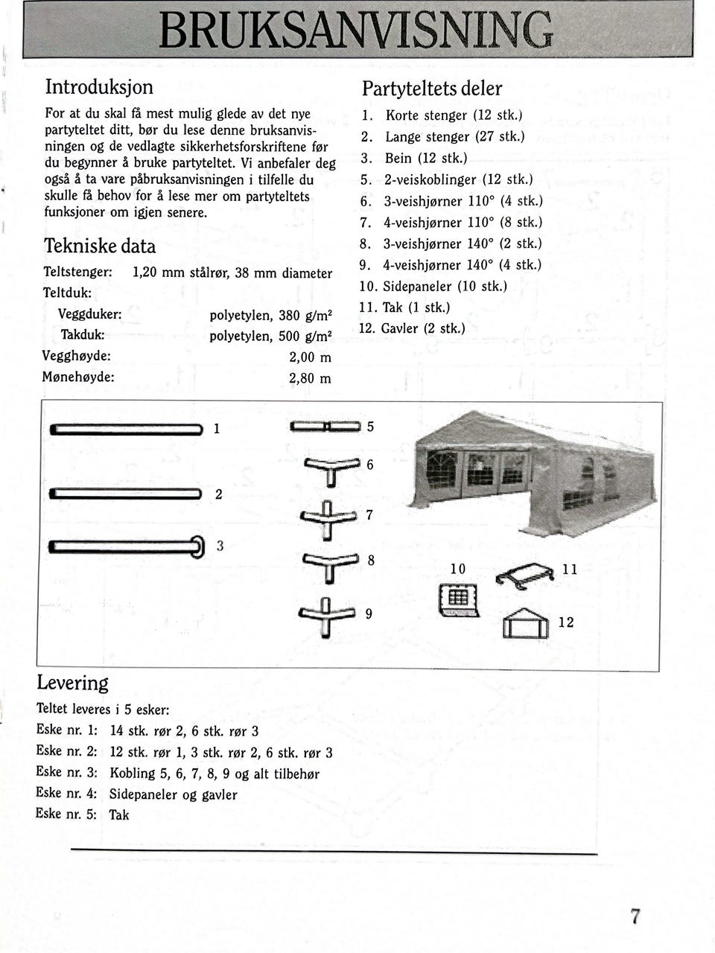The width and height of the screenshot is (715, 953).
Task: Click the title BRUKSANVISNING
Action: (356, 30)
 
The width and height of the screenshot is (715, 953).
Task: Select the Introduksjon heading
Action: (99, 87)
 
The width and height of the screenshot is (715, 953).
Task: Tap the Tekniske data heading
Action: (100, 246)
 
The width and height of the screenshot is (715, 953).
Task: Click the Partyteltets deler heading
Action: (432, 89)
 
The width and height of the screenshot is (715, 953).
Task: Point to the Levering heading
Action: (72, 683)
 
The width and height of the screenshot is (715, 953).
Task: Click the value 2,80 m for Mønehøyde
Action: (310, 378)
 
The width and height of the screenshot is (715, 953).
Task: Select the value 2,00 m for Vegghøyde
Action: (310, 357)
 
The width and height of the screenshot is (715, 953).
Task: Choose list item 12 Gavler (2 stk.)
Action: (412, 328)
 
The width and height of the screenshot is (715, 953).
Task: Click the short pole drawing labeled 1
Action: (127, 430)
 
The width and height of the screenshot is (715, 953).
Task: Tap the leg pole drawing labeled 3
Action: (127, 547)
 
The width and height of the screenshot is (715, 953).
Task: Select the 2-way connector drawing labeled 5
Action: (325, 427)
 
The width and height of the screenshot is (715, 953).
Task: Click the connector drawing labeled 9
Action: (326, 616)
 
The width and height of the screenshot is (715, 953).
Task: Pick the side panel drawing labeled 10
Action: (459, 599)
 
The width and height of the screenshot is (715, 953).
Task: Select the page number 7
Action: (635, 917)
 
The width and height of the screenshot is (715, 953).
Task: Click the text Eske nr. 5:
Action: (66, 814)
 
